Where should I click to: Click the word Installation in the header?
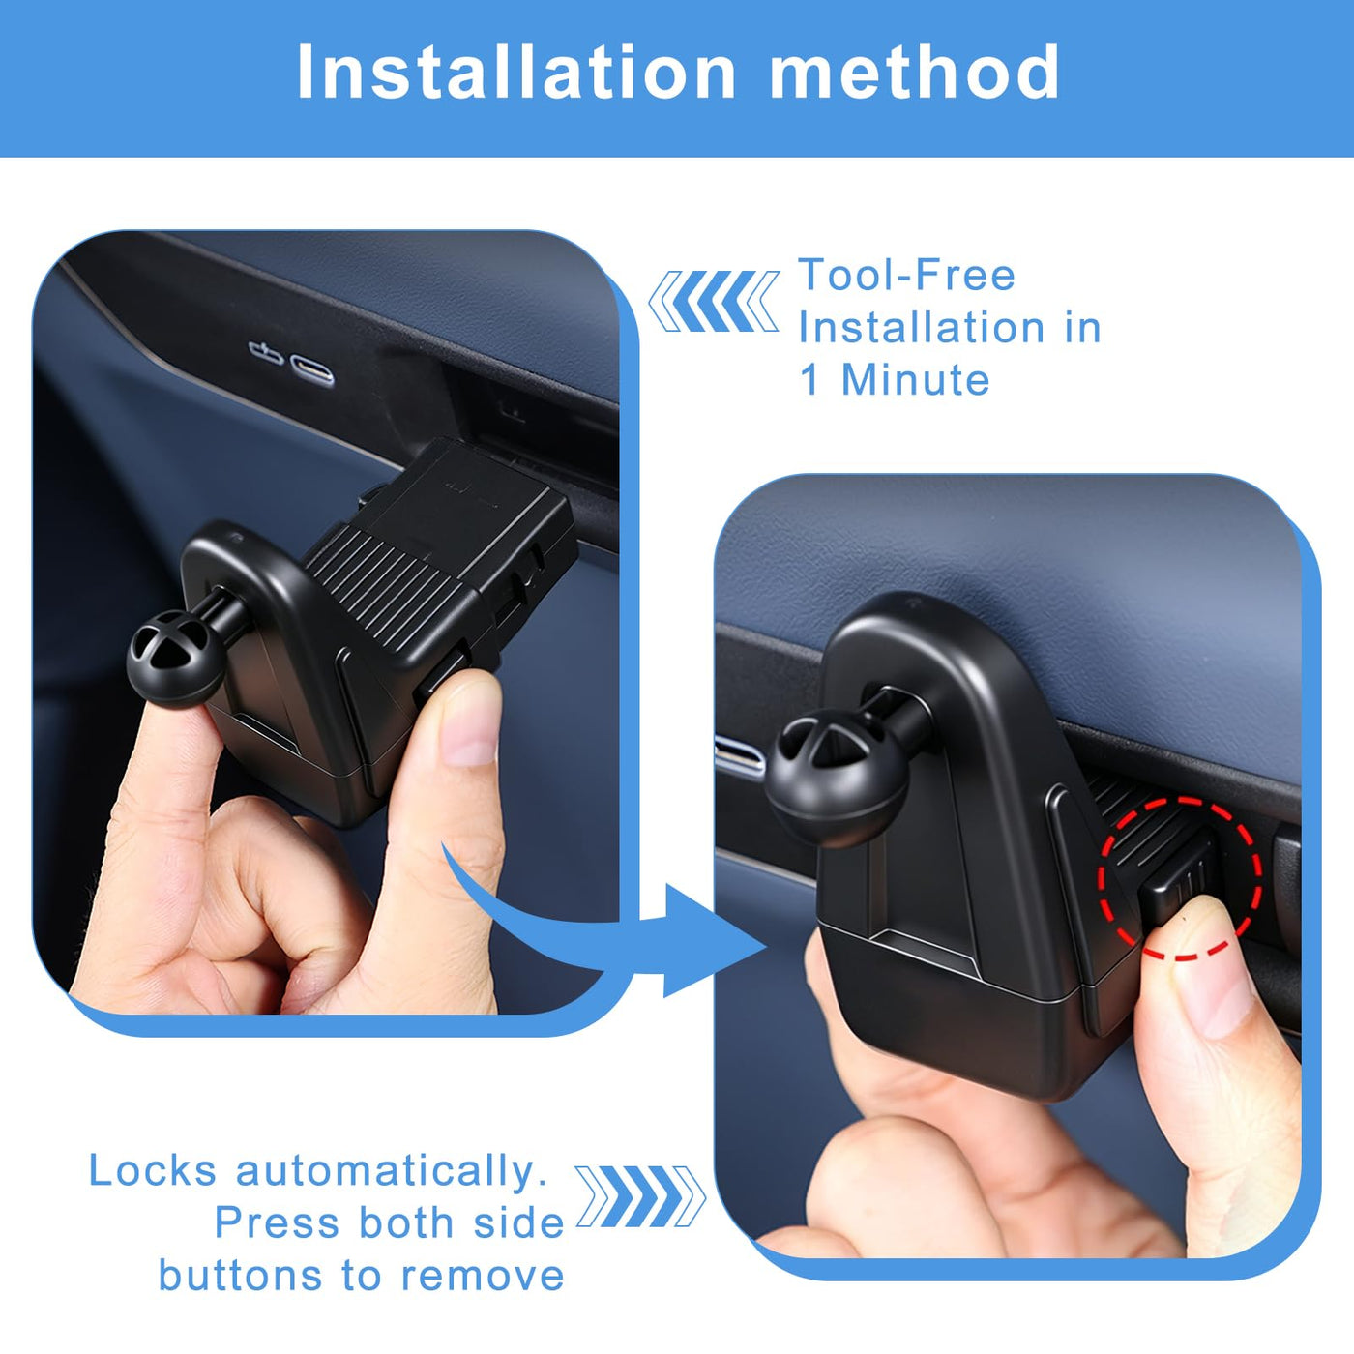point(516,72)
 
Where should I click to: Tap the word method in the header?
point(913,72)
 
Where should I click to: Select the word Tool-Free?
point(906,275)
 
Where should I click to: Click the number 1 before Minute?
point(809,380)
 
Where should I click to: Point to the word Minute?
point(916,380)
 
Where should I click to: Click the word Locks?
point(153,1170)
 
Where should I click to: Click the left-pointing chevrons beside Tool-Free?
point(713,301)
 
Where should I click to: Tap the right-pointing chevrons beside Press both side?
point(640,1196)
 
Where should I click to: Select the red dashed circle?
point(1180,878)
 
